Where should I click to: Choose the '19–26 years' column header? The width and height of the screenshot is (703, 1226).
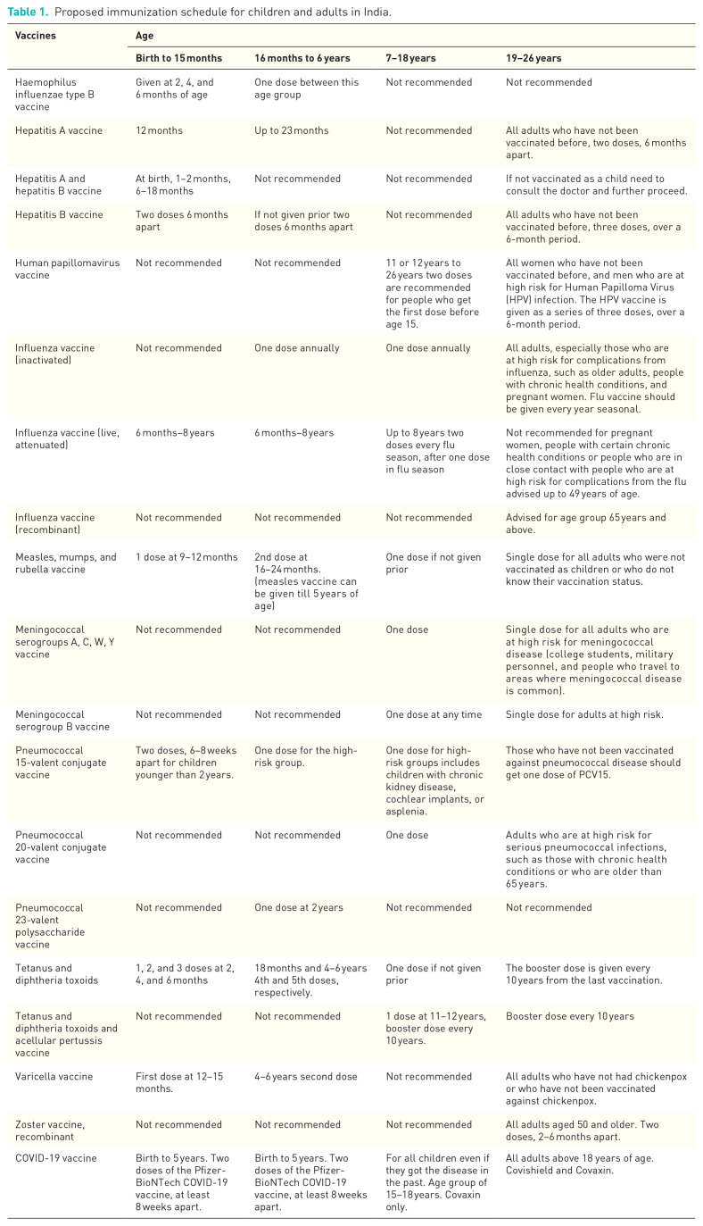click(533, 58)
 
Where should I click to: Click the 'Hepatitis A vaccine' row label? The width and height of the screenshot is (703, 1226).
click(59, 130)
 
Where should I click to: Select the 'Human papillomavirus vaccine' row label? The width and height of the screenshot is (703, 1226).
click(62, 269)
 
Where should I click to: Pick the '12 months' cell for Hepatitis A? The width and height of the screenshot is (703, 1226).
click(159, 130)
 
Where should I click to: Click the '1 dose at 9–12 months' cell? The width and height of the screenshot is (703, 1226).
click(186, 557)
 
